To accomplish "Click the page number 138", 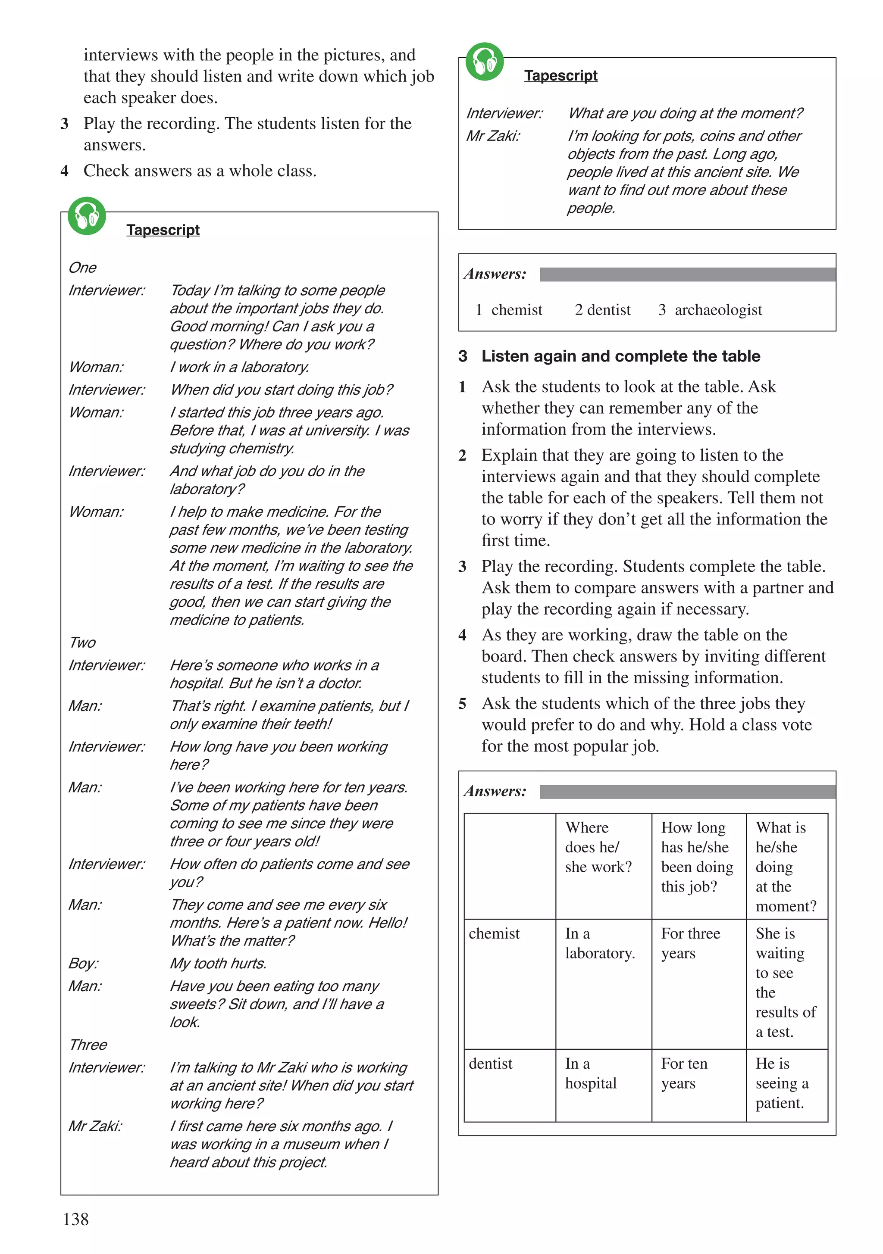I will (x=75, y=1219).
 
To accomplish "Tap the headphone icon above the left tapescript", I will (x=86, y=216).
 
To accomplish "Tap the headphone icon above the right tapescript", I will (x=484, y=62).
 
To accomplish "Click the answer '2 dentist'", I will (x=602, y=310).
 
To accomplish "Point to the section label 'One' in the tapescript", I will (x=82, y=268).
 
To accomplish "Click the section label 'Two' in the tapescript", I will (x=82, y=642).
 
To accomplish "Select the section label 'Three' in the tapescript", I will (x=88, y=1044).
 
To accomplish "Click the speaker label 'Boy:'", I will (x=84, y=963).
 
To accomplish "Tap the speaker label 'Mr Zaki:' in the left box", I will (x=95, y=1126).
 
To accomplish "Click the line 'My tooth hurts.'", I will (x=218, y=963).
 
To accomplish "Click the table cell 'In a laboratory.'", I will (x=599, y=943).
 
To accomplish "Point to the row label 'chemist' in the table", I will (x=494, y=933).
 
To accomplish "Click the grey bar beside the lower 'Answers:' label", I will (x=687, y=791).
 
